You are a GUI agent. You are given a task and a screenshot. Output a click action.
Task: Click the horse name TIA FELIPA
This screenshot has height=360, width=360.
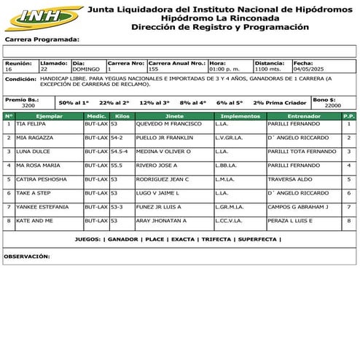pos(31,124)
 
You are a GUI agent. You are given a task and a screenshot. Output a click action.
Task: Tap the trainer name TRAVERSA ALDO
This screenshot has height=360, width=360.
pos(290,179)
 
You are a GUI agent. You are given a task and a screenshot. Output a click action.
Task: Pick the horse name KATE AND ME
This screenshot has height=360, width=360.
pos(34,220)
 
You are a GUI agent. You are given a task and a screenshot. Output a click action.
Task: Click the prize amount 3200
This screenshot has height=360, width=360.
pos(28,106)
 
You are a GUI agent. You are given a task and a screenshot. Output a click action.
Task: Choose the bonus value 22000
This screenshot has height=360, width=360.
pos(332,106)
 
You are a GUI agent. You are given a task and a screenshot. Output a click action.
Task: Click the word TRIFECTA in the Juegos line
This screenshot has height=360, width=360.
pos(216,239)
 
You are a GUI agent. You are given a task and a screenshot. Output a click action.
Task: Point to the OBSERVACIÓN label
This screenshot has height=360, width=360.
pos(27,257)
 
